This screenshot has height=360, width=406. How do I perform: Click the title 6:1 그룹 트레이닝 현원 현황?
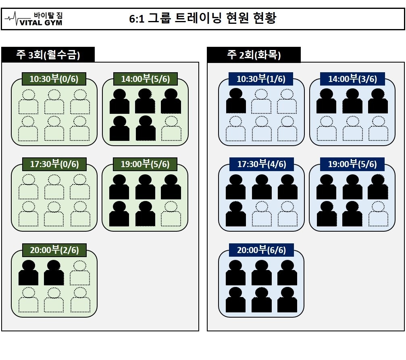[x=202, y=19]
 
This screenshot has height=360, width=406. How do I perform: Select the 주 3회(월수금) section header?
[x=48, y=55]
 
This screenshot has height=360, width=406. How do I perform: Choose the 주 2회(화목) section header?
[x=254, y=55]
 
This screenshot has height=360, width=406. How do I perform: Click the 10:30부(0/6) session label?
[x=54, y=79]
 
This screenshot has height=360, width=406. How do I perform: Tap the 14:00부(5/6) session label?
[x=145, y=79]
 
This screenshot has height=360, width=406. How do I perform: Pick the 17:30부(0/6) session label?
[x=54, y=164]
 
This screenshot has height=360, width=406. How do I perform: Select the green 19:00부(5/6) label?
[x=145, y=164]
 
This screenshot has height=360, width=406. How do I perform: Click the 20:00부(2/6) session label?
[x=54, y=250]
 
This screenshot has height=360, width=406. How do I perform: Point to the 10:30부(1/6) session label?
[x=261, y=79]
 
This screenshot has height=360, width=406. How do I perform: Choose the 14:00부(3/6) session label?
[x=352, y=79]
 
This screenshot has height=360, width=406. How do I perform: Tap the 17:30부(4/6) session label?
[x=261, y=164]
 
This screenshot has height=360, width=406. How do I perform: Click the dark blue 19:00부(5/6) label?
[x=352, y=164]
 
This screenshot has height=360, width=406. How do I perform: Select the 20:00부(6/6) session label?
[x=261, y=250]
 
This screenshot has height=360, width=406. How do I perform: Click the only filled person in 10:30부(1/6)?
[x=236, y=101]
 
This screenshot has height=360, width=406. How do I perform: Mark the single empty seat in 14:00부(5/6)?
[x=171, y=128]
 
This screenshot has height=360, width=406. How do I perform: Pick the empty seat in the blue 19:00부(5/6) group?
[x=378, y=214]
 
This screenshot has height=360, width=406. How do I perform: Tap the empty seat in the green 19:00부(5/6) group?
[x=171, y=214]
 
